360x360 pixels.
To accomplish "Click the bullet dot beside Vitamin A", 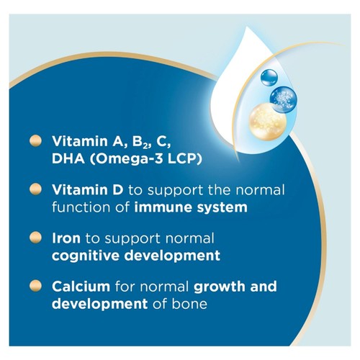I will pos(33,140).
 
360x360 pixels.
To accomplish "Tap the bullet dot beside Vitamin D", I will pos(33,190).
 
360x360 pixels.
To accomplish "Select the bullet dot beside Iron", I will pos(33,238).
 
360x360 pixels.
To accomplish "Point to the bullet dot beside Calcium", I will pos(33,287).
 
